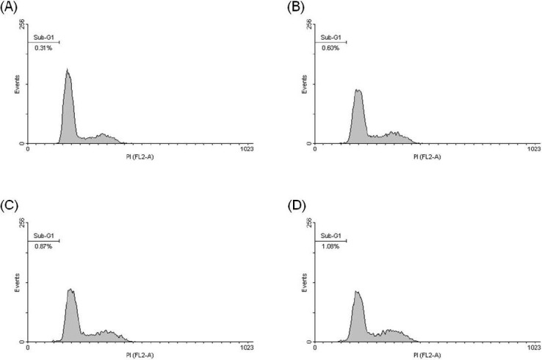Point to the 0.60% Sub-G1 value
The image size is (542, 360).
[328, 48]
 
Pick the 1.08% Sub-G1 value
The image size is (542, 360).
[328, 247]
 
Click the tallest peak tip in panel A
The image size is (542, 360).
[67, 70]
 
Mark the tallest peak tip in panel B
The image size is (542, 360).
[358, 90]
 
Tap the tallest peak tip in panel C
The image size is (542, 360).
[71, 289]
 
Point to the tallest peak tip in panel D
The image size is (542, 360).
[358, 291]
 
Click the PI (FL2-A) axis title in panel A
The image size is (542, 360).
[138, 156]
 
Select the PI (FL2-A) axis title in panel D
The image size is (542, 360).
[427, 354]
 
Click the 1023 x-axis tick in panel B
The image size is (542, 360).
[533, 149]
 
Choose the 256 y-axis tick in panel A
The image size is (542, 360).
[22, 24]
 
